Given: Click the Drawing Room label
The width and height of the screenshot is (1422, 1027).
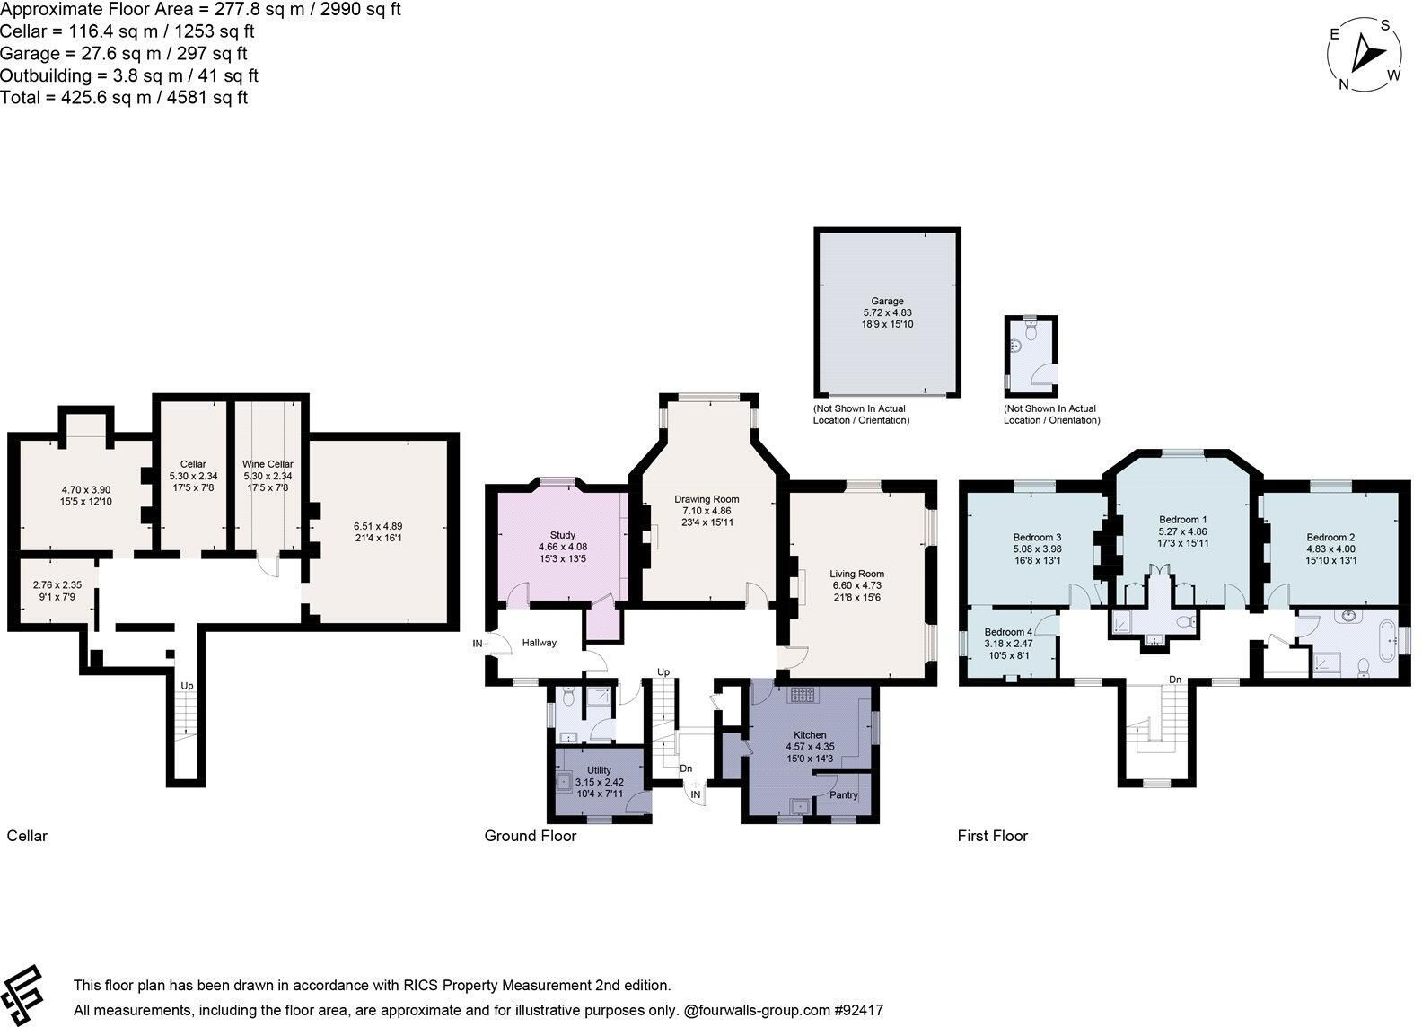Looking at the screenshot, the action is [707, 499].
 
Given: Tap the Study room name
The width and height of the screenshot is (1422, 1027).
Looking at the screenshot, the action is [563, 535].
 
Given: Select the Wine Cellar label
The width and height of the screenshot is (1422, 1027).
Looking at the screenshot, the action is [268, 464].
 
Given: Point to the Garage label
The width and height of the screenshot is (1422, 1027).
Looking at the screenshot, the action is [887, 301].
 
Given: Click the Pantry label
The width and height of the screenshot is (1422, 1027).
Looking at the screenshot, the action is [844, 794].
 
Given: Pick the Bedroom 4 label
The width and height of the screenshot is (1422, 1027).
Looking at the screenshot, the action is [1008, 632].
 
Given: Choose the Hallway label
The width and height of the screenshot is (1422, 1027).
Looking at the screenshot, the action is [539, 643].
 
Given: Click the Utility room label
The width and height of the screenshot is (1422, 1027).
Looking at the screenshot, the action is [599, 770].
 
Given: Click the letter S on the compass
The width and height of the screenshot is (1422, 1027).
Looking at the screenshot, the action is [1385, 25].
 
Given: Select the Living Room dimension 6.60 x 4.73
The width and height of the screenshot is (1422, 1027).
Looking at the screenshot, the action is [856, 585].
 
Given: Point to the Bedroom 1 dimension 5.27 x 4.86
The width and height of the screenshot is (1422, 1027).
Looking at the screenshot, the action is [1182, 531].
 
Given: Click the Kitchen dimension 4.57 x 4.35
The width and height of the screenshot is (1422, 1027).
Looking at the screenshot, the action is [810, 746].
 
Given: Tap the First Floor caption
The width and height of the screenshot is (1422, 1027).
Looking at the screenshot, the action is [992, 836].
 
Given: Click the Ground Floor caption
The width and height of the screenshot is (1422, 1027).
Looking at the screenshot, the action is [530, 836].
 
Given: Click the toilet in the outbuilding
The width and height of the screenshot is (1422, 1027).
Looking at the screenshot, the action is [1031, 330].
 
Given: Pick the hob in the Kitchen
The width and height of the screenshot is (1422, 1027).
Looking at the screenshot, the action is [803, 695].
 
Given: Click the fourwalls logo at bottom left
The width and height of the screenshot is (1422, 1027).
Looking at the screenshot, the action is [22, 996].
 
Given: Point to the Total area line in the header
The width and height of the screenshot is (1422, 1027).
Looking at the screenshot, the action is [124, 98].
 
